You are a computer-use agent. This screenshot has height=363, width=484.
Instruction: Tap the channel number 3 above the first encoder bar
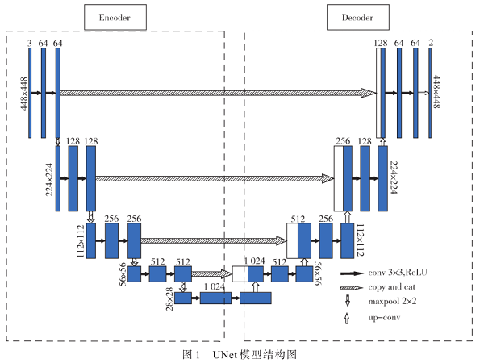[30, 43]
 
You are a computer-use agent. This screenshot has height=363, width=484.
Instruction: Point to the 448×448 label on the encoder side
[23, 92]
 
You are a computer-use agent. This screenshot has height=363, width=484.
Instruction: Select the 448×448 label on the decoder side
[436, 92]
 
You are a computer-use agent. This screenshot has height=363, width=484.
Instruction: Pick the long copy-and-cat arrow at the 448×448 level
[218, 93]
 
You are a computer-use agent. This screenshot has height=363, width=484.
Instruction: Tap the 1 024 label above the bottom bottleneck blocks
[214, 286]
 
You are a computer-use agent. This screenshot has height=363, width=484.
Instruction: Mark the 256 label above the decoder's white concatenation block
[343, 141]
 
